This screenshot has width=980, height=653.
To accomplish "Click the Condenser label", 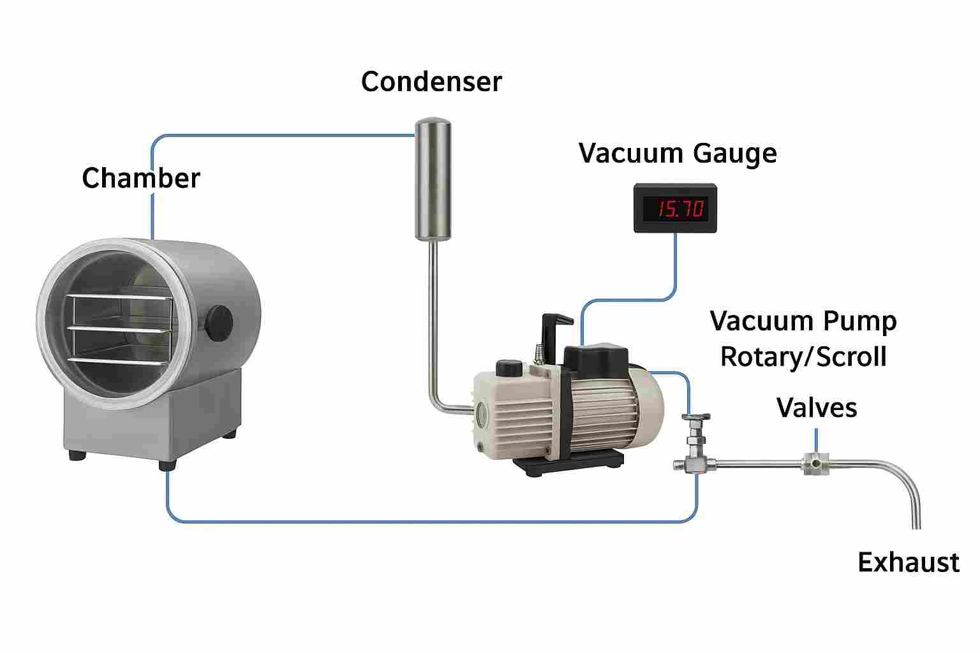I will (431, 82).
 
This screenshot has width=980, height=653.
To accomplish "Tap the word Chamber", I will (140, 178).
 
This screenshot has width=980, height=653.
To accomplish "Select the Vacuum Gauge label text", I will (678, 154).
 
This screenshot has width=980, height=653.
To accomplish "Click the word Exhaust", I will (908, 562).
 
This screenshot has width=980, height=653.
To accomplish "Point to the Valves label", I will (817, 407).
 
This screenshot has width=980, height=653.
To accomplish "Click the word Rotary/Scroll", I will (803, 357).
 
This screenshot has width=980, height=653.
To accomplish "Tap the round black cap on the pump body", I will (509, 368).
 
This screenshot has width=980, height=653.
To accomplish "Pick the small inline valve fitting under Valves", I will (815, 462).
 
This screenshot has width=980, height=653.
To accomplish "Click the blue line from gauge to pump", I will (675, 268).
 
